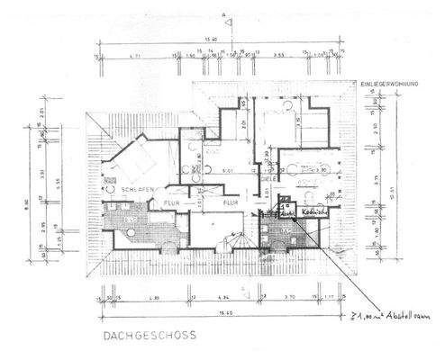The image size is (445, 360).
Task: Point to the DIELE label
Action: [268, 178]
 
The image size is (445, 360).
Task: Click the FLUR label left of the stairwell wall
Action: [171, 205]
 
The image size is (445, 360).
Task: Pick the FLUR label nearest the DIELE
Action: [231, 205]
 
